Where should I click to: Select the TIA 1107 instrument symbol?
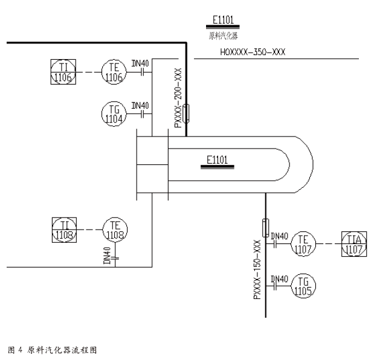tap(354, 244)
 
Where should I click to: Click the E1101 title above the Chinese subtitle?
tap(223, 20)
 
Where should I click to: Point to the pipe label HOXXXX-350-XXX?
tap(253, 52)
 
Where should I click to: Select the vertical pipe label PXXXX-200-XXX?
tap(178, 97)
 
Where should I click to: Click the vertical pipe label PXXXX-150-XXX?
tap(257, 269)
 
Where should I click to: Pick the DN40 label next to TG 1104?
tap(140, 105)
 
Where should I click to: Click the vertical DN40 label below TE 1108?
tap(107, 256)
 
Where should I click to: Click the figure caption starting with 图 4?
tap(53, 350)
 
